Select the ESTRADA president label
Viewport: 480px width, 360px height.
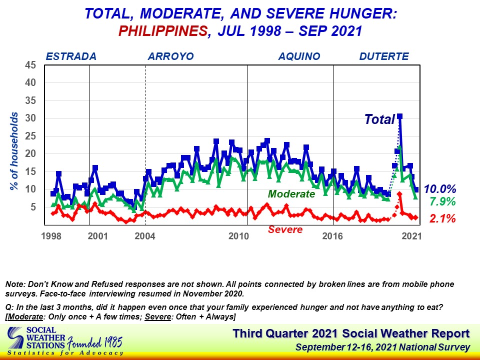(70, 56)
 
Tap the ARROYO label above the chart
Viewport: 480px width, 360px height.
(170, 56)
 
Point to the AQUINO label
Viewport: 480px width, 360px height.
(299, 56)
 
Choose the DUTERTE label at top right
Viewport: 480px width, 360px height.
(384, 56)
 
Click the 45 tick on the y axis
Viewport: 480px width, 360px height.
(31, 65)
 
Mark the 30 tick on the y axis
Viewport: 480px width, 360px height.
(31, 118)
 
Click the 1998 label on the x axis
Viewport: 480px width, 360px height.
(51, 235)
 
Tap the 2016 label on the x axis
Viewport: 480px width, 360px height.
(331, 235)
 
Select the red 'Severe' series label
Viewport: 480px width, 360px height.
(285, 230)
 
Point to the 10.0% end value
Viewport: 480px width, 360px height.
(440, 189)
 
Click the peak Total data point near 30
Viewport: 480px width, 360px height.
(399, 116)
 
